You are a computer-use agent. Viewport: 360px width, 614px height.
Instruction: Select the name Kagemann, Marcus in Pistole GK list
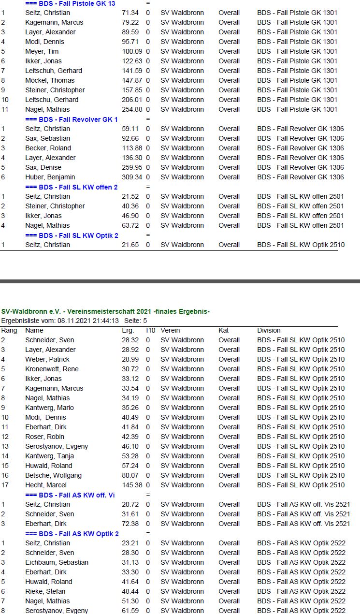click(x=54, y=22)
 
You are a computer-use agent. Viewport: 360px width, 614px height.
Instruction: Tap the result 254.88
click(x=131, y=109)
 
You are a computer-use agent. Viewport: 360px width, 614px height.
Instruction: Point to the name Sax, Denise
click(x=43, y=167)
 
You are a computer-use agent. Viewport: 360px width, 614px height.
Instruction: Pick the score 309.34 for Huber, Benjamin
click(x=131, y=177)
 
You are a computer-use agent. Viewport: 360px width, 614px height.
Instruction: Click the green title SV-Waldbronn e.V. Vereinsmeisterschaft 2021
click(x=105, y=311)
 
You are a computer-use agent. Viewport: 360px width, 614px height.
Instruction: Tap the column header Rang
click(x=9, y=330)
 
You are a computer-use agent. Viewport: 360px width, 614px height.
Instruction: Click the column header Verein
click(x=170, y=330)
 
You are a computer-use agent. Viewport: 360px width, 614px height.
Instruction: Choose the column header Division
click(x=269, y=330)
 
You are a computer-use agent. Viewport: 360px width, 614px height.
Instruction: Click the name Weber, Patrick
click(x=47, y=359)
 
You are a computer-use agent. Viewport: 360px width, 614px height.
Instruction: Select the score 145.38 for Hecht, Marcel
click(x=131, y=485)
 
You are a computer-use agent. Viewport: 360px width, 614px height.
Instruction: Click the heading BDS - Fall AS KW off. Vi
click(x=70, y=495)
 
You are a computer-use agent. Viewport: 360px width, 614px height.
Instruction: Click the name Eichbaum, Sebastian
click(x=57, y=562)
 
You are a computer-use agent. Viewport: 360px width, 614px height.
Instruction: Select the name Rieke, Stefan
click(x=45, y=591)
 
